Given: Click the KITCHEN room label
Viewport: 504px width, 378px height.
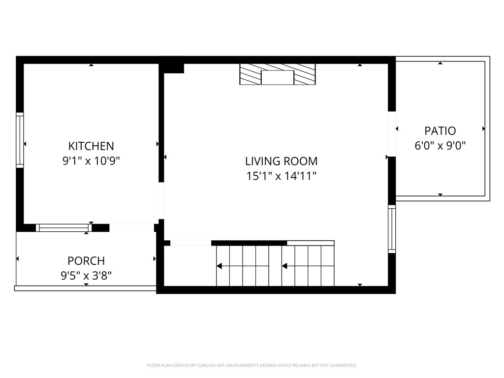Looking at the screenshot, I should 91,146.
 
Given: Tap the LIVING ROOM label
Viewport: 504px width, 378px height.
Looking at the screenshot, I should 281,161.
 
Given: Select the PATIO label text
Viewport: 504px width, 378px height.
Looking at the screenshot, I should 440,131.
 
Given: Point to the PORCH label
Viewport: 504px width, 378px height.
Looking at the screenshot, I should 86,261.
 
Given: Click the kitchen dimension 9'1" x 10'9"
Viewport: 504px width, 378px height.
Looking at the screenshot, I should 91,160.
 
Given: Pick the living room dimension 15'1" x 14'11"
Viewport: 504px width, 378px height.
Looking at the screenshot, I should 281,176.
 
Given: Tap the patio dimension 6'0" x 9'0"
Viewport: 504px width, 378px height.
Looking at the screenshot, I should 440,146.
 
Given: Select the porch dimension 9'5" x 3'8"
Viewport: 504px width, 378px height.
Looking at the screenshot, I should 86,276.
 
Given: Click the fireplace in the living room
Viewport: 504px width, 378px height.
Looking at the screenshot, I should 277,74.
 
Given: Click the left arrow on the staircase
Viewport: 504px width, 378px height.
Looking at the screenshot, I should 220,266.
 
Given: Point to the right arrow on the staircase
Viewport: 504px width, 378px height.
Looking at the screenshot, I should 284,266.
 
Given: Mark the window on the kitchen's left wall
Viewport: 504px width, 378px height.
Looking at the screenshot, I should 20,140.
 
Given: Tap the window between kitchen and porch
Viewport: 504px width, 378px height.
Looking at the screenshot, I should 64,227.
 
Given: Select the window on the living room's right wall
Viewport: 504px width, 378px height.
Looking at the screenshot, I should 392,229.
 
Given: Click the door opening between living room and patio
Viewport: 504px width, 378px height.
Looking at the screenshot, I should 392,133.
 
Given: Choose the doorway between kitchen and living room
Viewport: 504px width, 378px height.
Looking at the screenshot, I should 161,201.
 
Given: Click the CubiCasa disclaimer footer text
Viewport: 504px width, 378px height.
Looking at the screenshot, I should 252,365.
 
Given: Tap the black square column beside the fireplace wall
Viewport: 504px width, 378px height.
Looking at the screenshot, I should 173,68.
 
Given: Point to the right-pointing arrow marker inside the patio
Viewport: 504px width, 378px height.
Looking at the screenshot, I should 484,129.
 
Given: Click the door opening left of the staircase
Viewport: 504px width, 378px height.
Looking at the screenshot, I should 190,243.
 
